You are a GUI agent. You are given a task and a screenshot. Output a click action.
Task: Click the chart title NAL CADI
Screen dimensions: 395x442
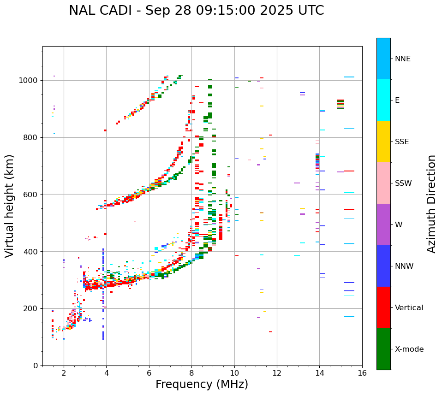point(196,11)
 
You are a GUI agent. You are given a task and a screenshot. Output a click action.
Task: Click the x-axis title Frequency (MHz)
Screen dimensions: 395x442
point(202,384)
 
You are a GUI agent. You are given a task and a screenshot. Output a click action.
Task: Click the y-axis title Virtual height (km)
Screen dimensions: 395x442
point(10,206)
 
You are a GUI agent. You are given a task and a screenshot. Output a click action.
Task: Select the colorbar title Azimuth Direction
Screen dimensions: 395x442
point(431,204)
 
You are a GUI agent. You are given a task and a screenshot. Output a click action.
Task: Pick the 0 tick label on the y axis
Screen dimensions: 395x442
point(36,366)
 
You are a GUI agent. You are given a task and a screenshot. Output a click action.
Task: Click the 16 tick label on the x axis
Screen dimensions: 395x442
point(362,373)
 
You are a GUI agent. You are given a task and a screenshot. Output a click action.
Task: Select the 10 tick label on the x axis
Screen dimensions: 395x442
point(234,373)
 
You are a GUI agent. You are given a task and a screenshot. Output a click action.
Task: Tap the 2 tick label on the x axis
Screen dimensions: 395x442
point(64,373)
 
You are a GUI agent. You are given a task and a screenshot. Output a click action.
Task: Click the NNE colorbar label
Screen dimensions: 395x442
point(403,59)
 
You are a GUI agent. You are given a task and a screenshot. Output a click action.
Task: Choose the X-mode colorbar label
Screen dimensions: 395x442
point(409,349)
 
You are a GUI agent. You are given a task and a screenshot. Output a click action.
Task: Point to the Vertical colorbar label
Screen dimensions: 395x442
point(409,308)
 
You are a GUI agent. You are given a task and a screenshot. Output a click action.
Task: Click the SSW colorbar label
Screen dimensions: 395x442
point(403,183)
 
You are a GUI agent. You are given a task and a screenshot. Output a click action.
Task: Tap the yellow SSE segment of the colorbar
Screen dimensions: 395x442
point(383,141)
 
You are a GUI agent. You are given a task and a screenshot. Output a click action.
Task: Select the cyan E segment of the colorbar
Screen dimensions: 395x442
point(383,100)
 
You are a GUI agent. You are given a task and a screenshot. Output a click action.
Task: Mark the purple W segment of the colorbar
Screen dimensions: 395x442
point(383,224)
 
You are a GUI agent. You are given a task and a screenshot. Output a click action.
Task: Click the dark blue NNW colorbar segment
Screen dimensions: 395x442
point(383,266)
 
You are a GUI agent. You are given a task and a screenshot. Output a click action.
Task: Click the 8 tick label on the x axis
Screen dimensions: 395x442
point(191,373)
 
